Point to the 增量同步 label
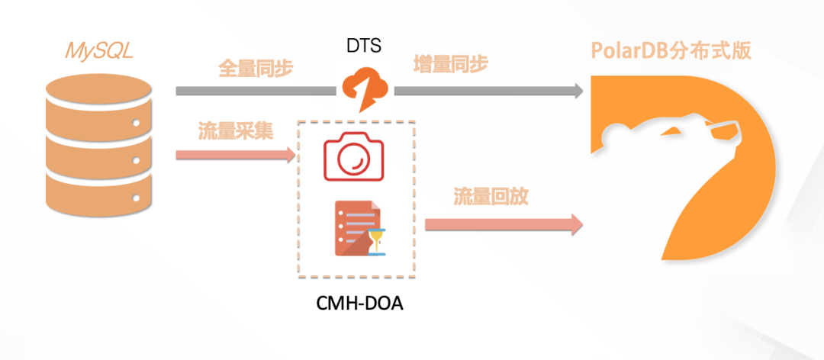(x=450, y=65)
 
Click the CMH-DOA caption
(x=359, y=304)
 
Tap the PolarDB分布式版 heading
(x=671, y=51)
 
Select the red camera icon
(x=353, y=156)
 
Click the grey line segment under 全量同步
(x=256, y=91)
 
